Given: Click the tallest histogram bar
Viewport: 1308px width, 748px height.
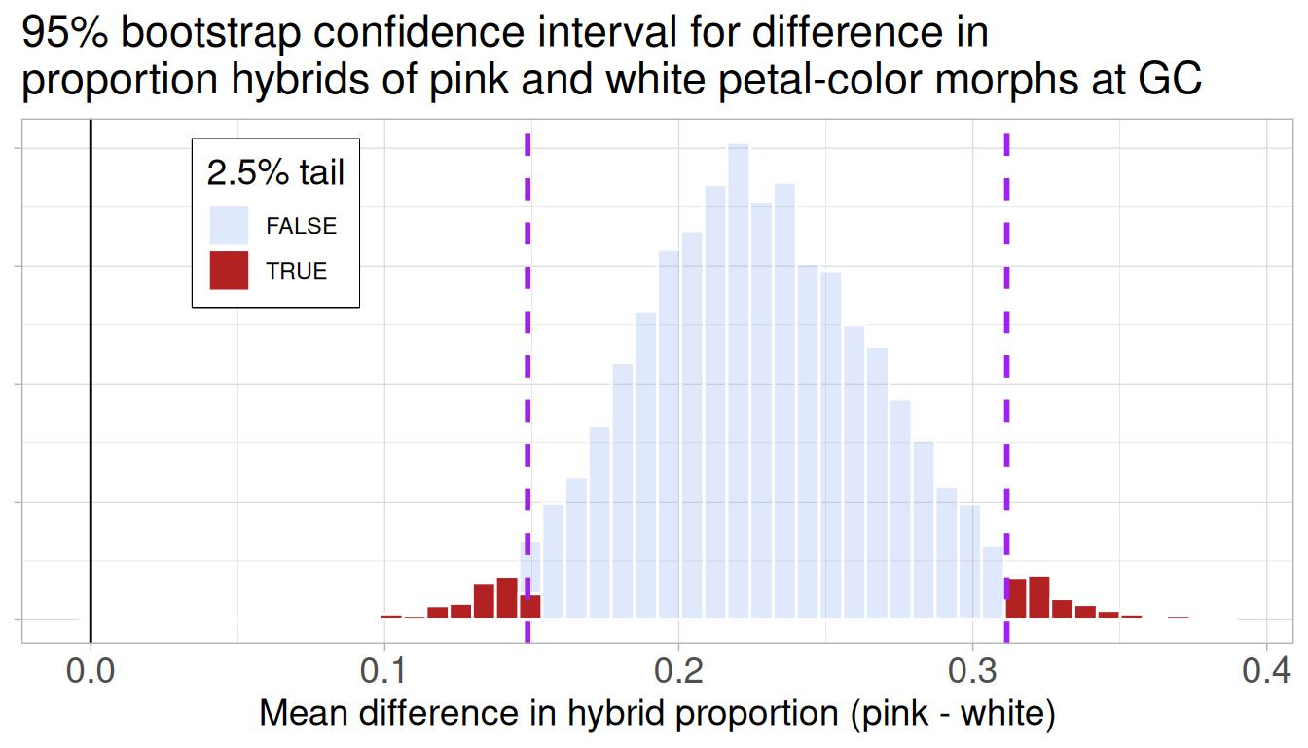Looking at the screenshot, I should pos(739,380).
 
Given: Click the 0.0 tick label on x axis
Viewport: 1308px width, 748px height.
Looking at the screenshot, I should pos(91,672).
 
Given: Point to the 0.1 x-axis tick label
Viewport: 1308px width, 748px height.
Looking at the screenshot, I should pos(384,672).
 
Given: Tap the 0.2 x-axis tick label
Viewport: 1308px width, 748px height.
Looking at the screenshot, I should pos(678,672).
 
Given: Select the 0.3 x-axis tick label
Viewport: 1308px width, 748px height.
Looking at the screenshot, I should pos(972,672).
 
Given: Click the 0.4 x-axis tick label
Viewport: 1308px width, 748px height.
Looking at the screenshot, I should pos(1265,672).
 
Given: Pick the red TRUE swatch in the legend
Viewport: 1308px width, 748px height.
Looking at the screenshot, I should pos(229,271).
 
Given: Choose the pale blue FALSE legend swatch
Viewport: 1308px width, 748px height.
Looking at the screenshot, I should pos(229,226).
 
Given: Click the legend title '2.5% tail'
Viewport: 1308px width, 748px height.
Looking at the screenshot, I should pos(276,173).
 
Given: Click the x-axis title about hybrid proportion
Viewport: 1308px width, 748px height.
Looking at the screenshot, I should pos(657,714).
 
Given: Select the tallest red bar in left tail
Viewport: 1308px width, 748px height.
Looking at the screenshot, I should pos(507,598).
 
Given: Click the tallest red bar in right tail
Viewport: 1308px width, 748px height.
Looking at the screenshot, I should pos(1038,597).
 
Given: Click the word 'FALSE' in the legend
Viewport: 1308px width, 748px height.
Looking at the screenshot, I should pos(302,226).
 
